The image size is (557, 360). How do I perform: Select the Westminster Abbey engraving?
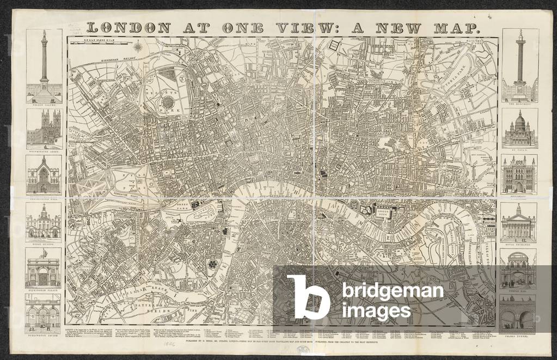pos(44,128)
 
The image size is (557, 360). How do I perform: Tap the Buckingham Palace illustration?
pos(44,271)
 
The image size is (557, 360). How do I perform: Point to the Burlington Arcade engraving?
pos(44,316)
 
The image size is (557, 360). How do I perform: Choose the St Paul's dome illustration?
pos(519,129)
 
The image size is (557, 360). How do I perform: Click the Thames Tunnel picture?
pos(518,314)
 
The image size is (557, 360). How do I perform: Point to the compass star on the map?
pos(139,47)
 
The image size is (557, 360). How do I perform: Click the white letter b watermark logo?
pos(307,296)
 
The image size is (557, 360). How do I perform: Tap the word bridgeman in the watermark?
pos(393,291)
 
